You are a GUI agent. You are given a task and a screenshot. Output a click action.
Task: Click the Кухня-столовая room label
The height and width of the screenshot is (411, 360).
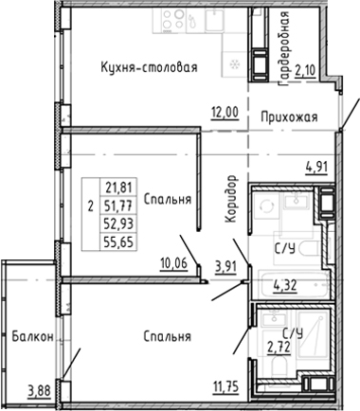tap(149, 67)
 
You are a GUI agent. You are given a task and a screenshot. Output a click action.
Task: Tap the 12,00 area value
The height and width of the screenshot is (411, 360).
tap(225, 112)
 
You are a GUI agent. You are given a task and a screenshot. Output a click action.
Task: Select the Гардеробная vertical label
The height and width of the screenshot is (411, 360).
tap(284, 48)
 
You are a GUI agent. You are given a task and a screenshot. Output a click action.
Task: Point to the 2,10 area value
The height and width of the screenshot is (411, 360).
tap(305, 70)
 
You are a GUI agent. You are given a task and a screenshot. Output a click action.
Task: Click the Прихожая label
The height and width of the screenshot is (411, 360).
tap(289, 117)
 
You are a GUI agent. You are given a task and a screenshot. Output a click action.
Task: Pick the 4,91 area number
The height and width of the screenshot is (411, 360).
tap(316, 166)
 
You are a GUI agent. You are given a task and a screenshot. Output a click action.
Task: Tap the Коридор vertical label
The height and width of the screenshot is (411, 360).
tap(231, 199)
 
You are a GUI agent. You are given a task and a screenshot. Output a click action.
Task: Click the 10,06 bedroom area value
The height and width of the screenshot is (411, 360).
tap(174, 263)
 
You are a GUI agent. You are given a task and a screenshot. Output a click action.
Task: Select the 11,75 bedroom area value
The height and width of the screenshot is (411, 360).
tap(226, 386)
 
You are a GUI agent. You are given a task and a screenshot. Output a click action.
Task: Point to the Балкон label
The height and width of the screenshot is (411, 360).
tap(32, 337)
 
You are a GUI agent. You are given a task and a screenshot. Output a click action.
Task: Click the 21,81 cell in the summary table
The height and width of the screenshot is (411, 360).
tap(118, 188)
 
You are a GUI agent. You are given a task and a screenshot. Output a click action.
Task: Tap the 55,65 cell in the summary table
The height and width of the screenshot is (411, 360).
tap(118, 242)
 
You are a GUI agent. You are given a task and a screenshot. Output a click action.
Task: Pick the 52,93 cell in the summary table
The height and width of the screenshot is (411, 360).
tap(118, 223)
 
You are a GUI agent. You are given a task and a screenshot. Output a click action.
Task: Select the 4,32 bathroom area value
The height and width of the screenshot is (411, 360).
tap(284, 286)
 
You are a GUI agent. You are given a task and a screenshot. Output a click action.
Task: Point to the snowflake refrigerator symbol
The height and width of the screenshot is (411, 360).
tap(235, 64)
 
